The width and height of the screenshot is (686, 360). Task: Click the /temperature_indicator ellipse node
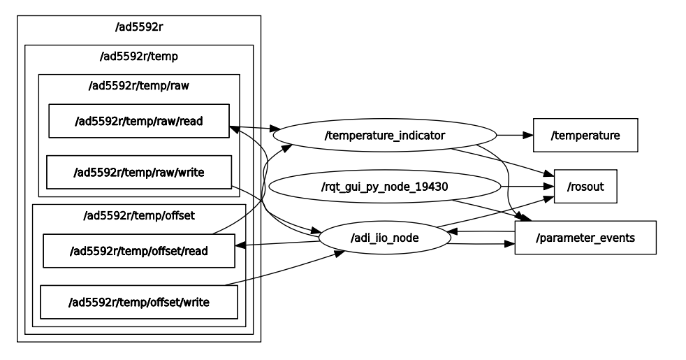385,135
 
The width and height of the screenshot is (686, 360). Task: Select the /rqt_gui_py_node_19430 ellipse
385,187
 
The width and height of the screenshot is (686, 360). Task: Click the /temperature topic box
585,135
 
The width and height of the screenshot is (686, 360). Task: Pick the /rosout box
585,187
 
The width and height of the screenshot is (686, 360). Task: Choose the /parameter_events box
585,238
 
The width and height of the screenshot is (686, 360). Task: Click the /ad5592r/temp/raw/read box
139,121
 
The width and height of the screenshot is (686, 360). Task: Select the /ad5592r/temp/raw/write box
139,172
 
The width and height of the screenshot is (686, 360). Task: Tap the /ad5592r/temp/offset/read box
139,251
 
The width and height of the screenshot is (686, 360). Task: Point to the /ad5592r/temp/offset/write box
139,302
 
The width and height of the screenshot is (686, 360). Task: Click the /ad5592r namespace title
139,28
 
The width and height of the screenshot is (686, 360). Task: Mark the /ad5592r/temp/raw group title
139,86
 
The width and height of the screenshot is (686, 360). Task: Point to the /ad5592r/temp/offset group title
139,215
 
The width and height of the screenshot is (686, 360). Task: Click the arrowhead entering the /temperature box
529,135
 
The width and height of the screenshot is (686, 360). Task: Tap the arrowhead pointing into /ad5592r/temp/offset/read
240,245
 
